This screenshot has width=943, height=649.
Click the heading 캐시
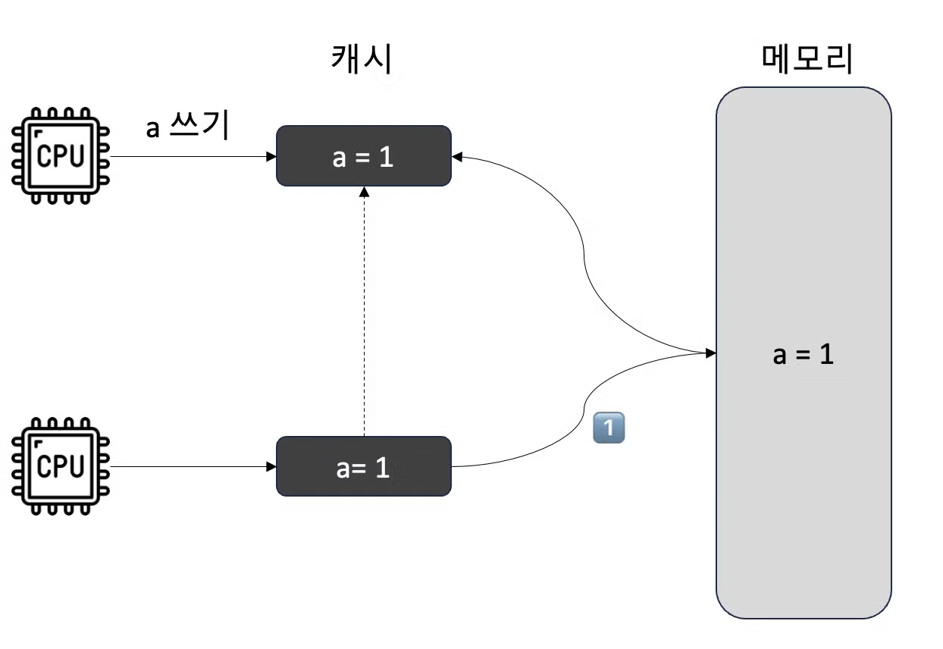(362, 58)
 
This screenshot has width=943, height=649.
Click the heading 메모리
(807, 58)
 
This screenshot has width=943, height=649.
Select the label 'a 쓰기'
(187, 127)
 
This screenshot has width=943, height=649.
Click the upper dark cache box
(363, 155)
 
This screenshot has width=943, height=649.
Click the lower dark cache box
(363, 466)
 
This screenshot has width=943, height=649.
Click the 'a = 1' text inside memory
(803, 354)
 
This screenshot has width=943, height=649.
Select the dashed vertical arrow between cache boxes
(364, 318)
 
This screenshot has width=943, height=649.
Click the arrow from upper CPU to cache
(190, 157)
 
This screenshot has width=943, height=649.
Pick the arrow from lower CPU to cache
(190, 466)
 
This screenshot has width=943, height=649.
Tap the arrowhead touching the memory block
(710, 353)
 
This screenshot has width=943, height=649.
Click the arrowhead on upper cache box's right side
(458, 157)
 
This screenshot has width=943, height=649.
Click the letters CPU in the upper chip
(59, 157)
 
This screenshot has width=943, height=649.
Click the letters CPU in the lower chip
(59, 467)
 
